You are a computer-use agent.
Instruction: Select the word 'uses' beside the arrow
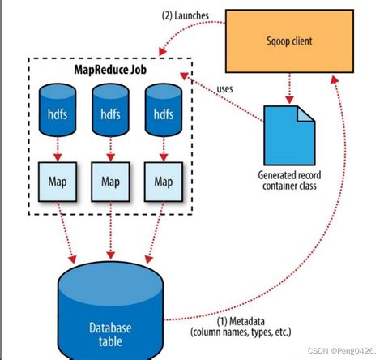point(227,88)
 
